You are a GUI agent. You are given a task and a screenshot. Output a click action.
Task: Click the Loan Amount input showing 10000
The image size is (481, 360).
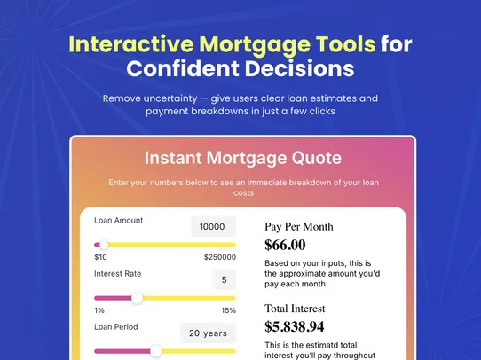click(x=213, y=226)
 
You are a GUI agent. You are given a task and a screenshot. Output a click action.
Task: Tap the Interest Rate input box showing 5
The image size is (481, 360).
click(x=224, y=280)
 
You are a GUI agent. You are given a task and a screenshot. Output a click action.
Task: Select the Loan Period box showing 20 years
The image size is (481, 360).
click(x=209, y=333)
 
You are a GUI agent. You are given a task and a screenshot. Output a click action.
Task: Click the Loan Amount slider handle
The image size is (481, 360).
click(x=103, y=245)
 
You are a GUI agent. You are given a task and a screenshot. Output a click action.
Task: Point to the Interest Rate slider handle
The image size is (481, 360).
click(x=137, y=298)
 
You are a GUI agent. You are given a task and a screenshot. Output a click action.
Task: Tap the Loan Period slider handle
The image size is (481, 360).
click(x=156, y=351)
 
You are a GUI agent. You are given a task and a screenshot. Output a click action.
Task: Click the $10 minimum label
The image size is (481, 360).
click(x=100, y=257)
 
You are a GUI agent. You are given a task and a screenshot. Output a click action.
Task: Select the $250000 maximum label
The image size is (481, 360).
click(x=219, y=257)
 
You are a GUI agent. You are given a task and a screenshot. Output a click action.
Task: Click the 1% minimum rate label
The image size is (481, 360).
click(x=99, y=310)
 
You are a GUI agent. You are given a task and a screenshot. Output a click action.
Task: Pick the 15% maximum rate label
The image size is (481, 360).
click(x=228, y=310)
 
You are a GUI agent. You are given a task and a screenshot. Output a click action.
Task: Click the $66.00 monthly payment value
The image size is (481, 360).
click(x=285, y=245)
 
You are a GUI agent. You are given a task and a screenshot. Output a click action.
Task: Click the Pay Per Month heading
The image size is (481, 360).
click(x=299, y=226)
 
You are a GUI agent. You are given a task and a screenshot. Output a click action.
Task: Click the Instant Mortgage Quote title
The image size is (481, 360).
click(x=242, y=159)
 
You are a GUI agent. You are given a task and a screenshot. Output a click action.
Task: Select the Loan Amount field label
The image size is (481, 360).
click(x=119, y=220)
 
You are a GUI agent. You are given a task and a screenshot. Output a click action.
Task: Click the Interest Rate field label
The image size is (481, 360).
click(x=119, y=274)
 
